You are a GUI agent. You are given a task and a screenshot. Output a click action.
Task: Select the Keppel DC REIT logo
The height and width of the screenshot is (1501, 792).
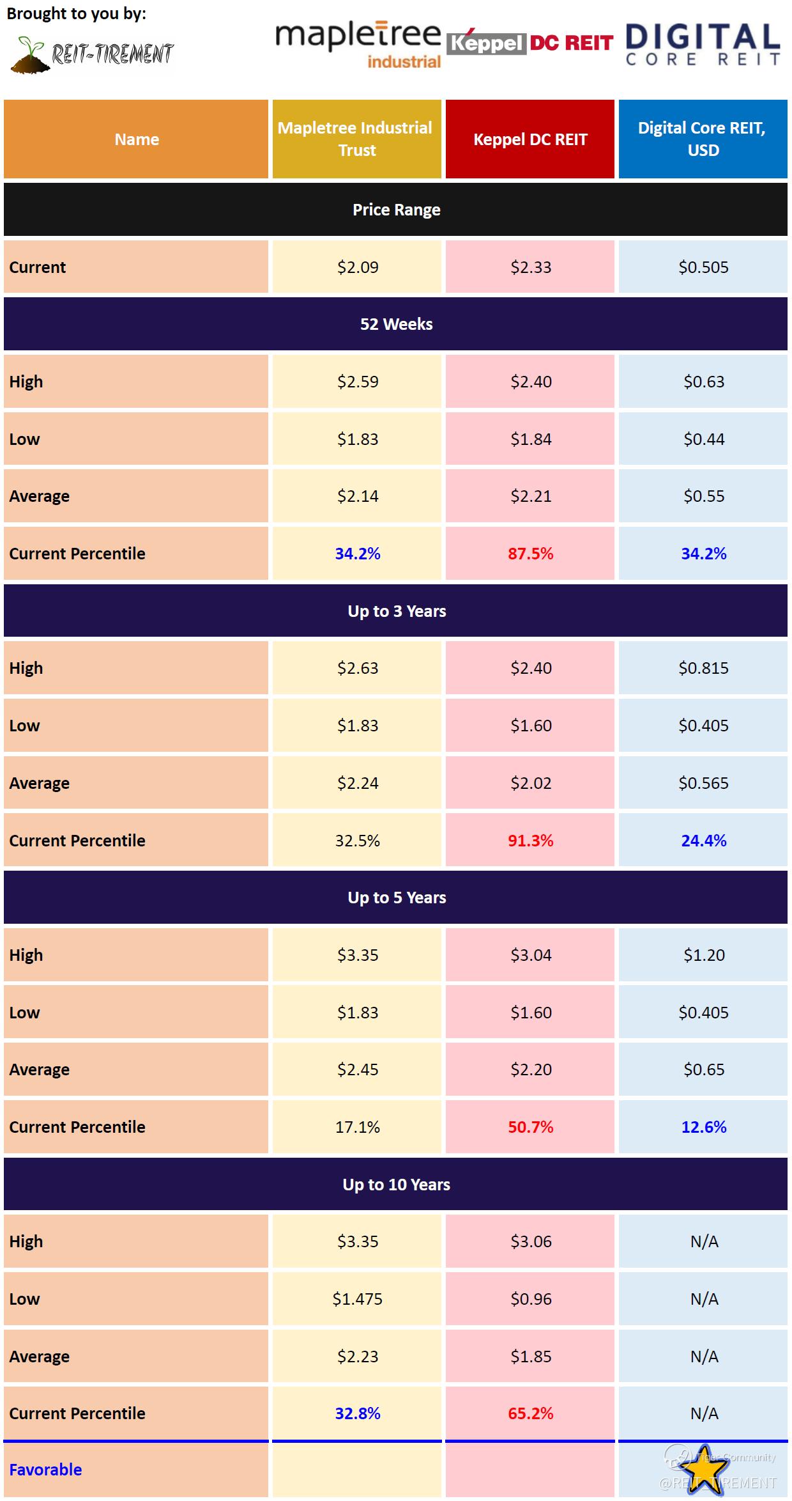click(x=530, y=43)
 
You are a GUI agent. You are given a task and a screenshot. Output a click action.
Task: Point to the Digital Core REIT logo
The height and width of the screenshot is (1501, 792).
click(x=703, y=45)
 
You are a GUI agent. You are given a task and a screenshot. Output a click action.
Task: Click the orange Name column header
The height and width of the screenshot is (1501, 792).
click(x=136, y=139)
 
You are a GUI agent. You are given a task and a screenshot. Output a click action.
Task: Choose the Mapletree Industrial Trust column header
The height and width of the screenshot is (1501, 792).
click(x=357, y=139)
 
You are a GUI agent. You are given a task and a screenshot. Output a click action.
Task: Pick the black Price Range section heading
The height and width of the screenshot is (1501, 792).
click(x=396, y=210)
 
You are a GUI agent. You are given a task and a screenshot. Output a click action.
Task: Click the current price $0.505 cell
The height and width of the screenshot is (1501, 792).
click(x=703, y=267)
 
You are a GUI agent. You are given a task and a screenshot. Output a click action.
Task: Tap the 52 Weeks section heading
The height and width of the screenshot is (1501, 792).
click(x=396, y=324)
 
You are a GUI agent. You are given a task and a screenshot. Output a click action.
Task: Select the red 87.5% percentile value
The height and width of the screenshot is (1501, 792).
click(x=530, y=554)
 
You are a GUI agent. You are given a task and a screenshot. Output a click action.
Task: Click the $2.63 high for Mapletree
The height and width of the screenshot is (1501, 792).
click(x=358, y=668)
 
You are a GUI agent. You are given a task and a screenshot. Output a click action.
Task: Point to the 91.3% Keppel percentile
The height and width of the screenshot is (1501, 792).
click(x=530, y=841)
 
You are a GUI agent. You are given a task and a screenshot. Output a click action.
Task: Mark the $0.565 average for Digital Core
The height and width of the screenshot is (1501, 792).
click(x=703, y=783)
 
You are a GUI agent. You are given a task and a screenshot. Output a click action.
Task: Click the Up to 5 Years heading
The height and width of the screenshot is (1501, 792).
click(x=396, y=898)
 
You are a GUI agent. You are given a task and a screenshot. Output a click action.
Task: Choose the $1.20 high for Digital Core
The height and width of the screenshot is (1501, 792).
click(x=704, y=955)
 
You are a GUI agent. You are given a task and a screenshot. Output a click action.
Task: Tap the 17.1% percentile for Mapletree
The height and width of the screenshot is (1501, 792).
click(x=358, y=1127)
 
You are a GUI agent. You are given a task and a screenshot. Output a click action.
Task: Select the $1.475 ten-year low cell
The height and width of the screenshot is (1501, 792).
click(x=357, y=1299)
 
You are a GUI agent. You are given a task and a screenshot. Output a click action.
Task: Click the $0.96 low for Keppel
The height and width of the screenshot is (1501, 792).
click(x=530, y=1299)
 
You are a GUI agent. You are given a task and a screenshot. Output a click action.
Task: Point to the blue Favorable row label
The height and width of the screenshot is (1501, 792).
click(x=45, y=1470)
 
